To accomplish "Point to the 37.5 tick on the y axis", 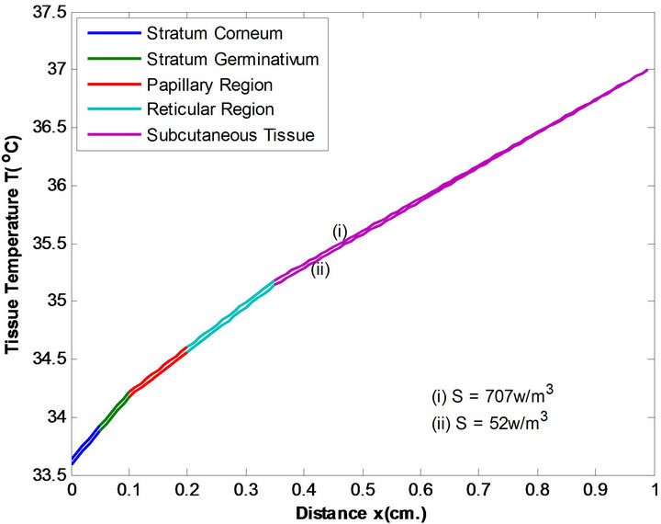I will (x=47, y=11).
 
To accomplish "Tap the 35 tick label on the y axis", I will (x=53, y=302).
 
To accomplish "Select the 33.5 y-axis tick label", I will (x=47, y=476).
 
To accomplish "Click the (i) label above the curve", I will (x=340, y=232).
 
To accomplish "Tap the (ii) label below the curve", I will (x=319, y=269).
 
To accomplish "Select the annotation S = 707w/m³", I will (x=492, y=396).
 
